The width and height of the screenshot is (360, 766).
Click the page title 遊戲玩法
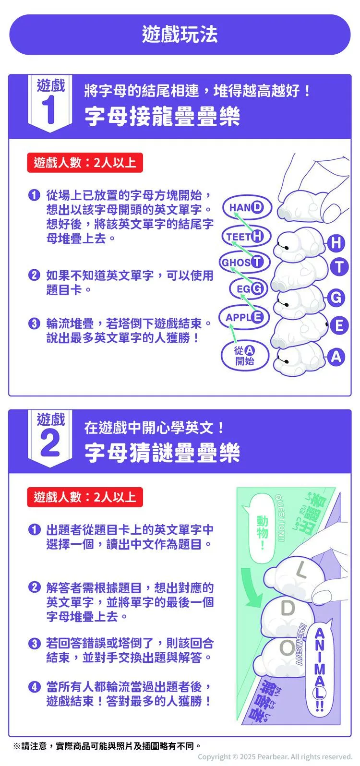point(180,34)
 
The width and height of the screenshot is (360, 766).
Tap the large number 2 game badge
point(50,438)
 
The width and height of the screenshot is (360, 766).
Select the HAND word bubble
point(247,207)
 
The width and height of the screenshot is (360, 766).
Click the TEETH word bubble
point(246,236)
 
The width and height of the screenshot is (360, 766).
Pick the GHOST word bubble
point(244,262)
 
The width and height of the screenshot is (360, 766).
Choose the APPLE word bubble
point(244,317)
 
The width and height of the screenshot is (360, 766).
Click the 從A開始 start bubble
point(245,355)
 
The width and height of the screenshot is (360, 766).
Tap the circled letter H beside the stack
point(336,243)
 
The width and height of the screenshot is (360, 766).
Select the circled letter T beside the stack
point(339,267)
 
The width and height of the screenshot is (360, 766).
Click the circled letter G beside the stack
point(336,298)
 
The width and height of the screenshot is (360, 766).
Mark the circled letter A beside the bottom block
point(336,357)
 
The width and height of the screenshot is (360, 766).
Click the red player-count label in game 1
point(85,162)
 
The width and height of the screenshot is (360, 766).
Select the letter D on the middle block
point(288,608)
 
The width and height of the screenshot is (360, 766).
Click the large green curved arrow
point(252,587)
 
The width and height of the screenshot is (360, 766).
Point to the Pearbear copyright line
point(275,756)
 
